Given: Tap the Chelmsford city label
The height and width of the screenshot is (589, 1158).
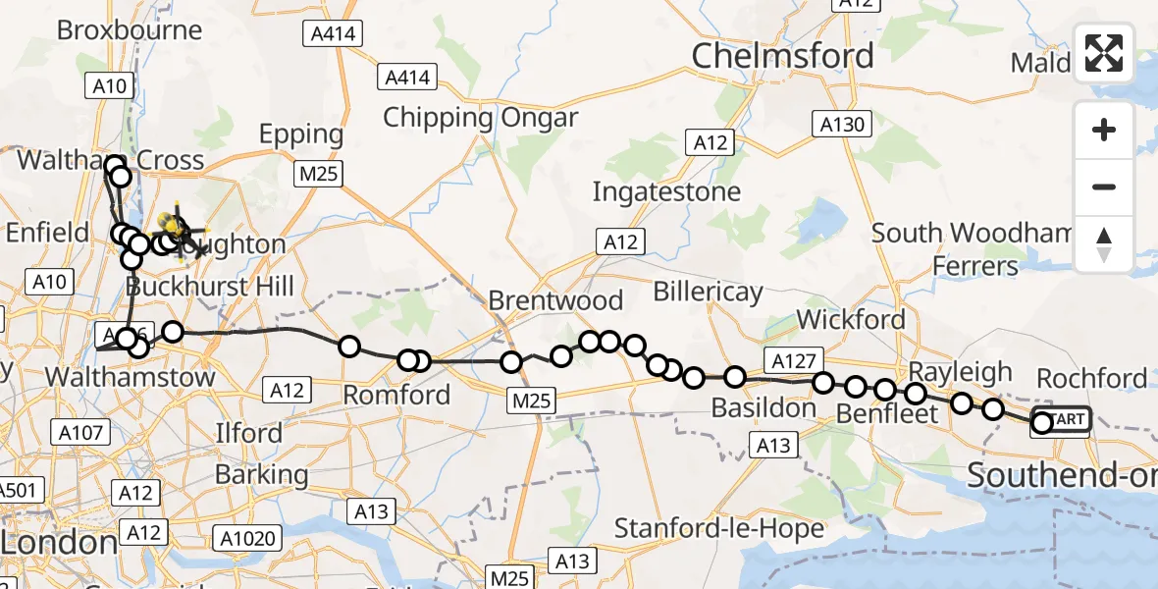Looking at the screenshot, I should (x=782, y=56).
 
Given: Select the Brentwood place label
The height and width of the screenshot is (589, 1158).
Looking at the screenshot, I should (x=555, y=299).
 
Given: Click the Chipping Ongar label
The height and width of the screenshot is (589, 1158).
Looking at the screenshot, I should (x=480, y=118).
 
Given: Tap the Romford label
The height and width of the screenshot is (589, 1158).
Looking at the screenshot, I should (x=396, y=395).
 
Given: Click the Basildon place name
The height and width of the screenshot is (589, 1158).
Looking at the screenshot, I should (x=763, y=406).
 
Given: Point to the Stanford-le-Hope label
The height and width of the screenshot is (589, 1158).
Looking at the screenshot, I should (x=718, y=528).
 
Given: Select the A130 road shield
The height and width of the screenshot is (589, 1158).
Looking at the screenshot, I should (x=842, y=124).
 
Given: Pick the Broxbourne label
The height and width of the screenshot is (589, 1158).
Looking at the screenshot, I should (x=130, y=29).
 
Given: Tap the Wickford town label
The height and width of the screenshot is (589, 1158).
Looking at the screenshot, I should (x=851, y=319).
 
